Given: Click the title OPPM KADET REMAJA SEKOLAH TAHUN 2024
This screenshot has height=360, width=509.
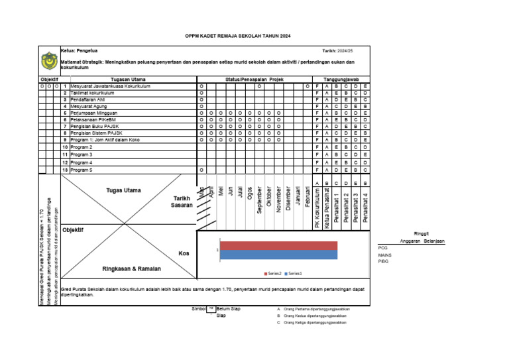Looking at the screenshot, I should (238, 36).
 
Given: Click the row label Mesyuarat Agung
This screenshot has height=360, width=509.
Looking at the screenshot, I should (89, 106).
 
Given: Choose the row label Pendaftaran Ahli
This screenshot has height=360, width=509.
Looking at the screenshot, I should (89, 99).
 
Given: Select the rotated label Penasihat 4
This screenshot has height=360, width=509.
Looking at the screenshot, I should (366, 208).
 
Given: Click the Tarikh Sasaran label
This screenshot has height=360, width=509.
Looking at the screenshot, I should (182, 202).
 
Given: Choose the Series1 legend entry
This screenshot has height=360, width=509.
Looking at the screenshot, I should (294, 273).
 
